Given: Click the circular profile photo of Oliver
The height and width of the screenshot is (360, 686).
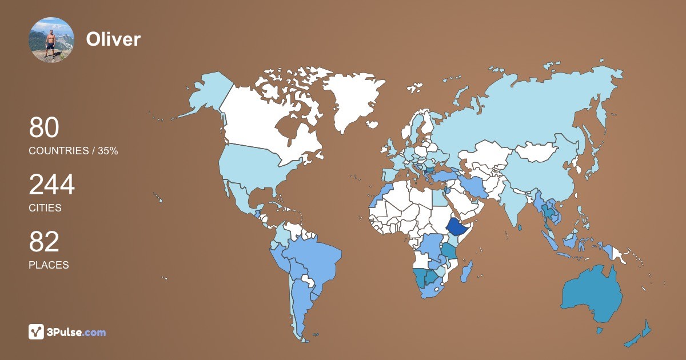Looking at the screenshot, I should pos(51,39).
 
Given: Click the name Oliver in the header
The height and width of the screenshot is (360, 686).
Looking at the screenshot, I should pos(113,39).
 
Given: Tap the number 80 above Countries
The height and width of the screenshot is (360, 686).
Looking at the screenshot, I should pos(44,128).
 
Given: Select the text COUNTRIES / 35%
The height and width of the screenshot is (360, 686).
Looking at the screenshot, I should pos(73,151).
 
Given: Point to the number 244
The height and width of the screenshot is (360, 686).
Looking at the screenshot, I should pos(51,185).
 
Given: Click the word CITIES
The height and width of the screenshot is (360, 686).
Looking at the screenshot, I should pos(45,208).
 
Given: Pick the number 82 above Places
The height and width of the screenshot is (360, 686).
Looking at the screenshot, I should pos(44,242).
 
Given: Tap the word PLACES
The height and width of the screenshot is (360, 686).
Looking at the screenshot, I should pos(49,265).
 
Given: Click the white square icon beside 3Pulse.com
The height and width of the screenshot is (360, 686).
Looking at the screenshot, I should pos(37,331).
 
